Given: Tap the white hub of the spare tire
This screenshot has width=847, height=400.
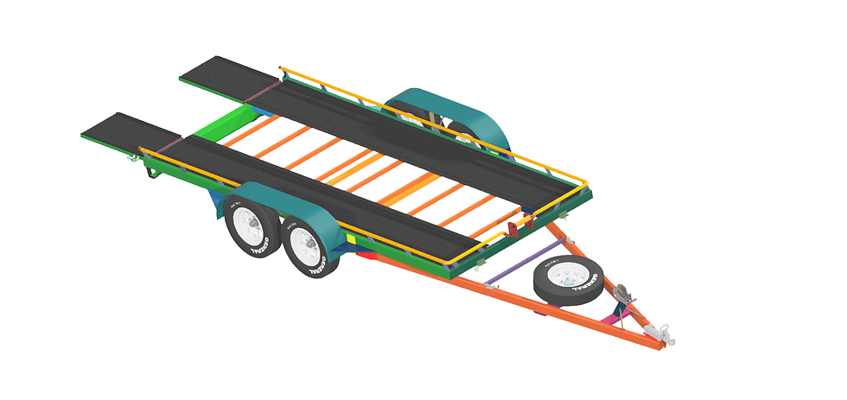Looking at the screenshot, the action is pos(565,276).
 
